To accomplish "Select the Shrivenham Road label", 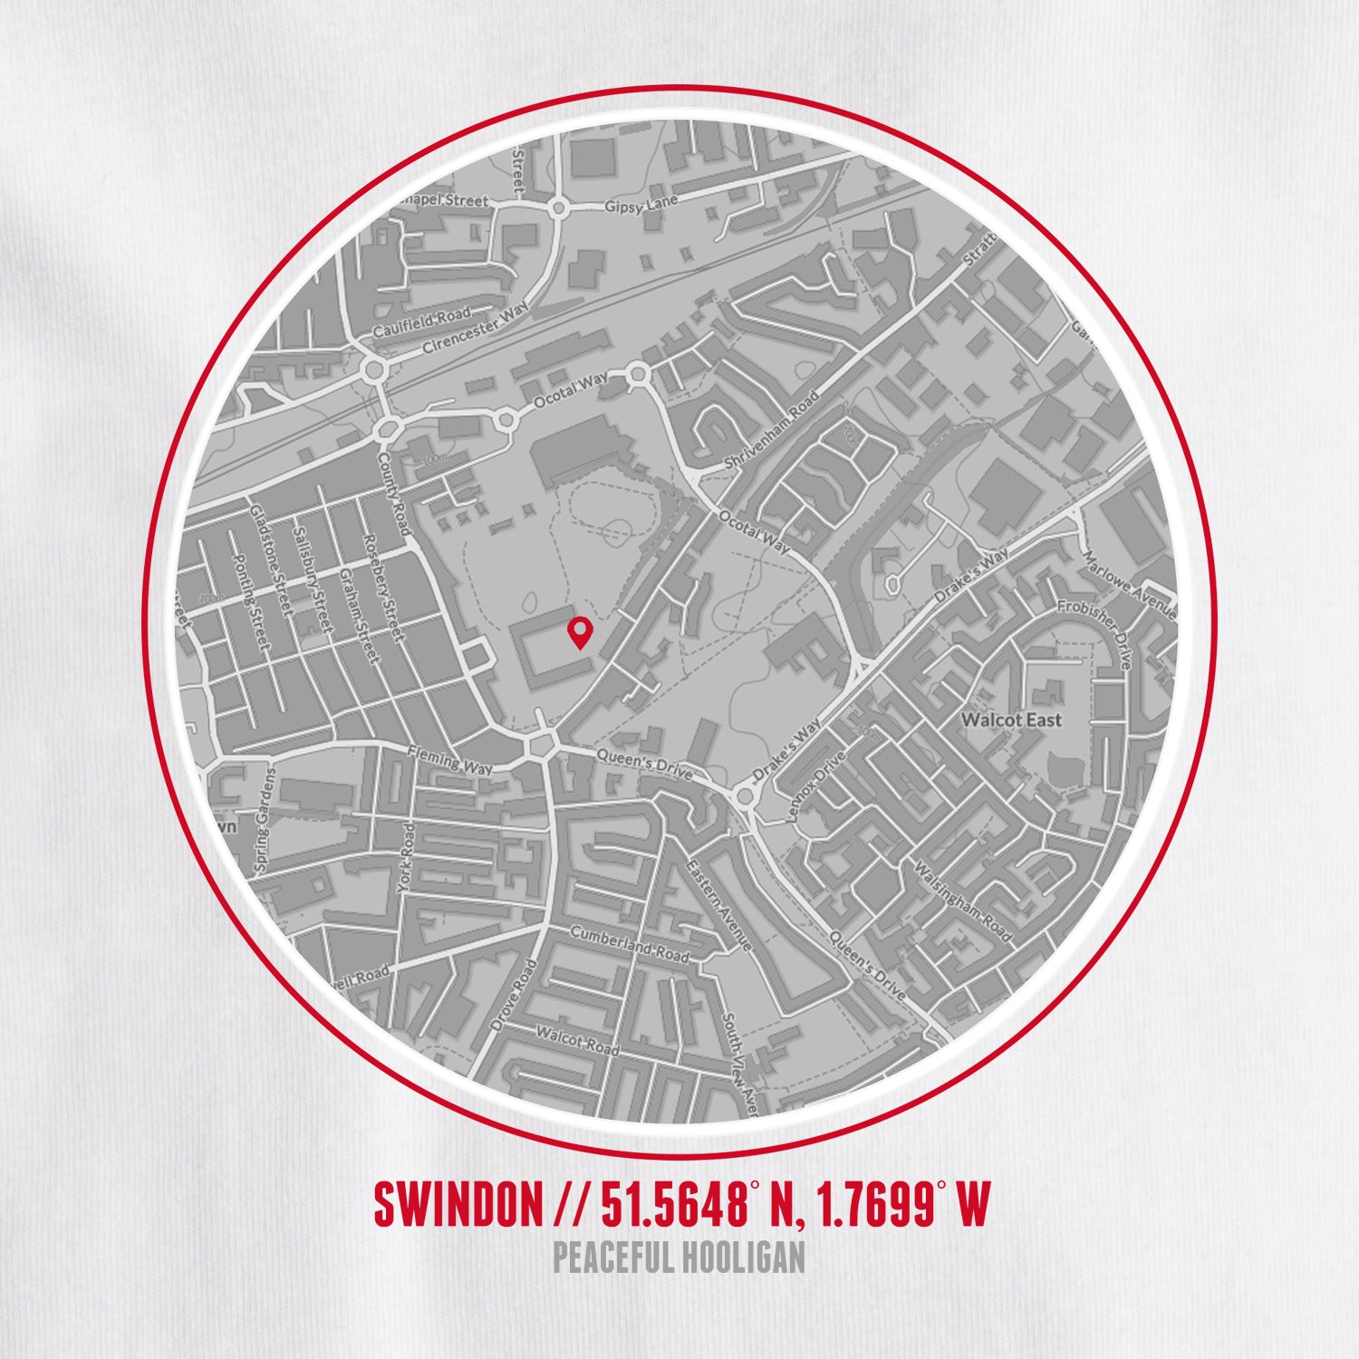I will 771,430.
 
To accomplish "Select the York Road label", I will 406,857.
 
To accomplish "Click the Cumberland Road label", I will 629,944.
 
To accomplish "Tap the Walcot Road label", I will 577,1041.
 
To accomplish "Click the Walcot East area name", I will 1011,720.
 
